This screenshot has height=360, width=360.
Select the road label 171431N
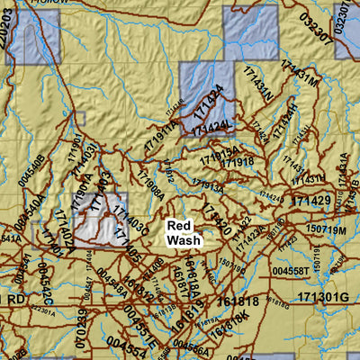pyautogui.click(x=256, y=88)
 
